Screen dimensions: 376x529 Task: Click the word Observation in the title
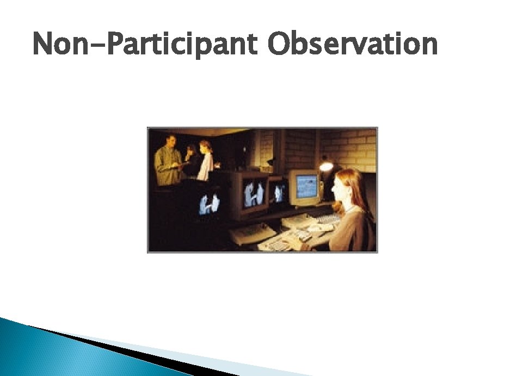tap(352, 45)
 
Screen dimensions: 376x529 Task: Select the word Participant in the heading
tap(182, 45)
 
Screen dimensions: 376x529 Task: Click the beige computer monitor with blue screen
tap(305, 187)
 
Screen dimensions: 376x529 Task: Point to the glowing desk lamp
tap(326, 165)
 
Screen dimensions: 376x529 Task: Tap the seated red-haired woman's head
tap(349, 185)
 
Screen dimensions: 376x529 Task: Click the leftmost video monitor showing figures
tap(209, 204)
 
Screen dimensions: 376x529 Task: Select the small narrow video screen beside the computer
tap(279, 192)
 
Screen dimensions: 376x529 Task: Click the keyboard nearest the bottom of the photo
tap(279, 244)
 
